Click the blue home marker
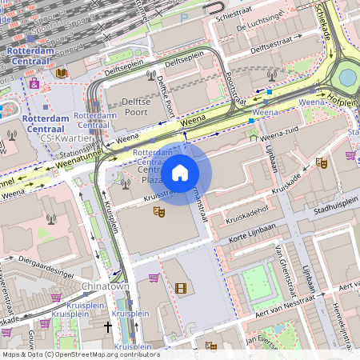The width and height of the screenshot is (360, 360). pyautogui.click(x=180, y=173)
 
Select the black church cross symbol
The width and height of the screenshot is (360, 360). pyautogui.click(x=108, y=327)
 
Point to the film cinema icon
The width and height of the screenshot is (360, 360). pyautogui.click(x=180, y=288)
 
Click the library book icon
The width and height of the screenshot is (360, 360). pyautogui.click(x=62, y=73)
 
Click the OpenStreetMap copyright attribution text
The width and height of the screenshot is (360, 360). pyautogui.click(x=80, y=354)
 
